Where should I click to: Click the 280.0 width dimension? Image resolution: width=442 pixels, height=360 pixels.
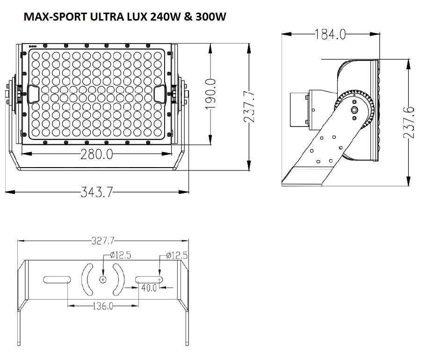coord(96,154)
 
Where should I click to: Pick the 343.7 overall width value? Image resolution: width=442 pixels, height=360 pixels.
coord(97,192)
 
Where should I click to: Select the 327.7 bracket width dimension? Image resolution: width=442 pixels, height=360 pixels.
coord(103,241)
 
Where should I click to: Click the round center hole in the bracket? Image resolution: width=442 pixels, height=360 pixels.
coord(103,279)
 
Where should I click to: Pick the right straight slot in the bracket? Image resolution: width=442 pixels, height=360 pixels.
coord(149,279)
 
